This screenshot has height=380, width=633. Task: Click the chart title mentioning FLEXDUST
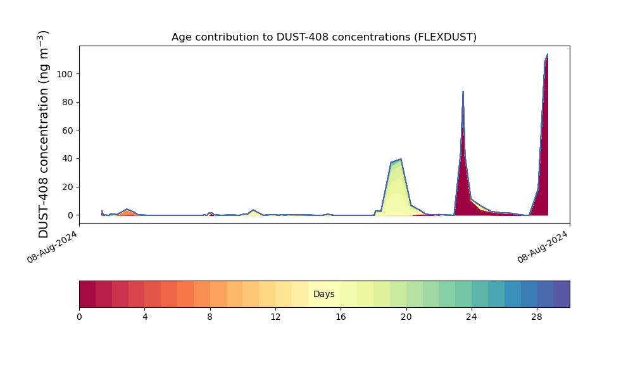point(323,37)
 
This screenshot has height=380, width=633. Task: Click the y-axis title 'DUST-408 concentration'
point(43,134)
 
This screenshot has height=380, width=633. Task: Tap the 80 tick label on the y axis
point(68,102)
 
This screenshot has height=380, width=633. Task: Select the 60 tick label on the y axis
point(68,130)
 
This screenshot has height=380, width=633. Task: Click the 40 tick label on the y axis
point(68,159)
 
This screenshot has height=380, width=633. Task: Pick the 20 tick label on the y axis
point(68,187)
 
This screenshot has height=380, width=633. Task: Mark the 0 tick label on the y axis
point(71,215)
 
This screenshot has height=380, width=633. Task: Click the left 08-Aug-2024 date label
point(52,247)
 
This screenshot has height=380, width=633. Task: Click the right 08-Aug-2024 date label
point(542,247)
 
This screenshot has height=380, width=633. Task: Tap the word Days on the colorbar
point(323,294)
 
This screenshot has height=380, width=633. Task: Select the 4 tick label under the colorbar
point(145,317)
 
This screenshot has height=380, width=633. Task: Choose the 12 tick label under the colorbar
point(275,317)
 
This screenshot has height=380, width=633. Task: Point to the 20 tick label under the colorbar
point(406,317)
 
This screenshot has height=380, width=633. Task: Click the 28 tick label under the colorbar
point(537,317)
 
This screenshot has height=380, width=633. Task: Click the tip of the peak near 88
point(463,92)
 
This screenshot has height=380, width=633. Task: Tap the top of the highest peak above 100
point(548,54)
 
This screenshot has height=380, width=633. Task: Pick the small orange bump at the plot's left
point(128,212)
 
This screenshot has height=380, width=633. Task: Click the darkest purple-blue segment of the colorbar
point(561,294)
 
